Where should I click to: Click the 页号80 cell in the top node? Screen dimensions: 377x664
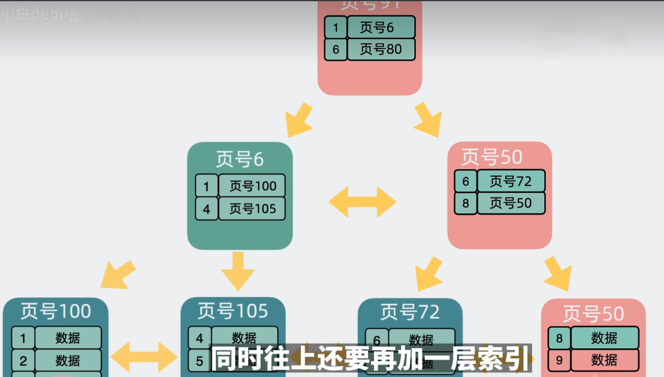tap(381, 49)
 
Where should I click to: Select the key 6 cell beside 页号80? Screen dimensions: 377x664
tap(336, 49)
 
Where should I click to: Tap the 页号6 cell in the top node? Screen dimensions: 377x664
tap(381, 27)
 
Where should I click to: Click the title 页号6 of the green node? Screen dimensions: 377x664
tap(240, 159)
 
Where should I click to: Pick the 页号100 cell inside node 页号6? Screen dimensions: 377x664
tap(252, 186)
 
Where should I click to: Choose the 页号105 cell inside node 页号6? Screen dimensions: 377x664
tap(252, 209)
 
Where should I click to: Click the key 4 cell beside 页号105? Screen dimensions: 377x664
tap(206, 209)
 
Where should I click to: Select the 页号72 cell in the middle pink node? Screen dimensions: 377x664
tap(510, 180)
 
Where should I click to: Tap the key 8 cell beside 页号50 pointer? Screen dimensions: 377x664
tap(466, 203)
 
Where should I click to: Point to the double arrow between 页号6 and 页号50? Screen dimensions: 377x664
tap(362, 201)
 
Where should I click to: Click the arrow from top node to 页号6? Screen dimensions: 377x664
tap(300, 119)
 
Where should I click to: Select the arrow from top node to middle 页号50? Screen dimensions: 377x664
tap(428, 119)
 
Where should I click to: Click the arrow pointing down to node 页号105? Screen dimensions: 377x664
tap(238, 270)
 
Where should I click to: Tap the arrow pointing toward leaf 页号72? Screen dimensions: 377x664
tap(428, 274)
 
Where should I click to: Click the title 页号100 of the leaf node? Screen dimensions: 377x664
tap(56, 311)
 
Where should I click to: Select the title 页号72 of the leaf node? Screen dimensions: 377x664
tap(410, 312)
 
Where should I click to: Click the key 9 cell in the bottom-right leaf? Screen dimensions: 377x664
tap(559, 360)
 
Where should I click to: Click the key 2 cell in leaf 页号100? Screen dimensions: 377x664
tap(23, 360)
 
